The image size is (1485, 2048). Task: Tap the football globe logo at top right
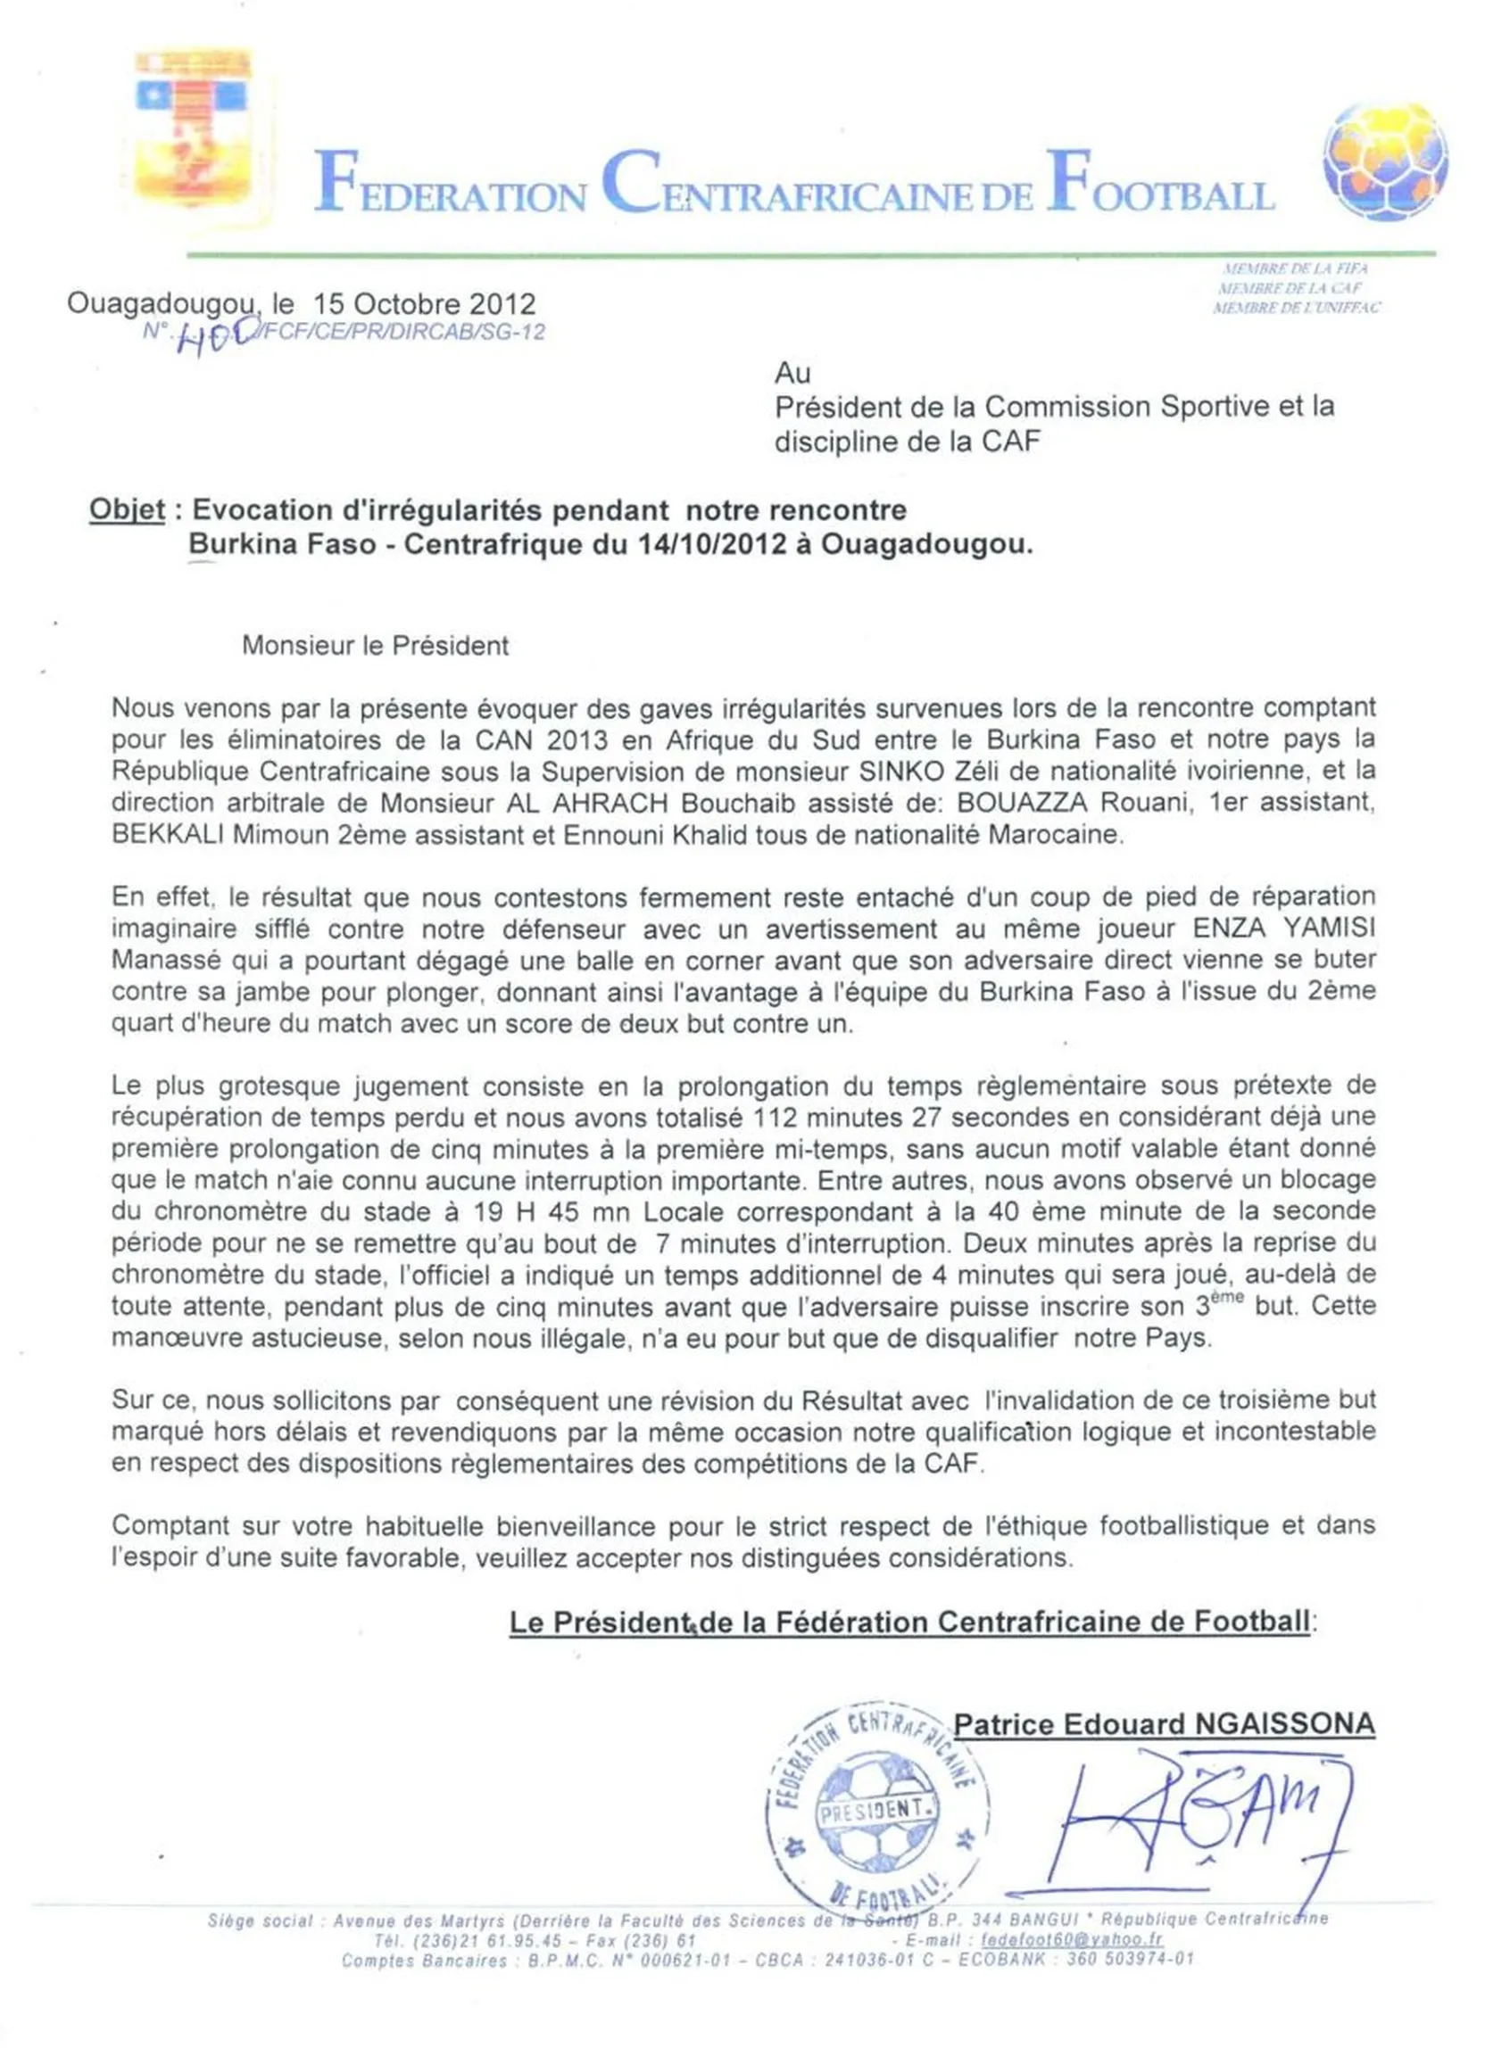pos(1384,161)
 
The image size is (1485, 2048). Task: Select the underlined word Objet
pos(127,510)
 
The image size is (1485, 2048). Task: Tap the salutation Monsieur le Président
pos(375,646)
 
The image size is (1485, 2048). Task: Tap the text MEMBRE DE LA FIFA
pos(1294,268)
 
